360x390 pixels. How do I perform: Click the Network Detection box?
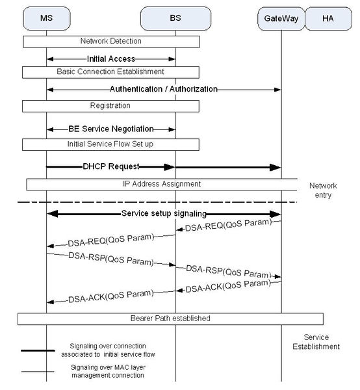pyautogui.click(x=111, y=41)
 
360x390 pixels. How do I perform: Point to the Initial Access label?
pyautogui.click(x=111, y=58)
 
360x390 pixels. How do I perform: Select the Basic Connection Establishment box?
pyautogui.click(x=111, y=71)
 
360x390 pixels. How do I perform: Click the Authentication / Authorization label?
pyautogui.click(x=163, y=88)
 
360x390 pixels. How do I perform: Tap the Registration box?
pyautogui.click(x=111, y=105)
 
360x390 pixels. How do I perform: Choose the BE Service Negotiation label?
pyautogui.click(x=111, y=129)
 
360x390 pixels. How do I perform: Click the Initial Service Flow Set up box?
pyautogui.click(x=111, y=142)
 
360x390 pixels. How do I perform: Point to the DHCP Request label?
pyautogui.click(x=111, y=166)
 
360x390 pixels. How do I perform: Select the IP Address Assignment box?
pyautogui.click(x=162, y=185)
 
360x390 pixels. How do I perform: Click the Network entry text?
pyautogui.click(x=323, y=189)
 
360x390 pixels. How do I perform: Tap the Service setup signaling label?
pyautogui.click(x=163, y=213)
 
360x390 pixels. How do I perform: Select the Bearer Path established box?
pyautogui.click(x=170, y=318)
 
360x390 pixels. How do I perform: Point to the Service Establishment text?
pyautogui.click(x=321, y=342)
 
